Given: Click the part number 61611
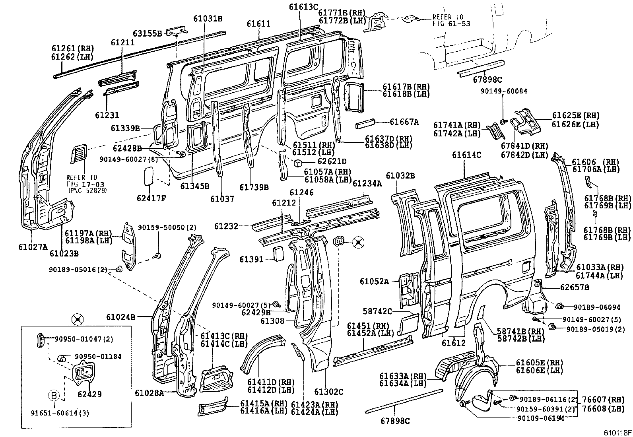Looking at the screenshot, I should click(x=258, y=24).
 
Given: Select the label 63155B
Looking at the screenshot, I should click(x=148, y=33).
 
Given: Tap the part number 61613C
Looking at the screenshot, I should click(x=303, y=7).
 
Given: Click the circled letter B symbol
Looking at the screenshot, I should click(x=54, y=396).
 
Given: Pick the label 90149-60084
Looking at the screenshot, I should click(x=504, y=91).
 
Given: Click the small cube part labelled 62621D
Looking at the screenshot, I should click(x=300, y=163).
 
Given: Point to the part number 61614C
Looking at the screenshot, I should click(x=466, y=155).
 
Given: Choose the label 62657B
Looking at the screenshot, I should click(x=575, y=287).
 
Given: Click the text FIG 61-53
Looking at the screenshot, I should click(x=451, y=23).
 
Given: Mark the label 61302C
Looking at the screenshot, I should click(x=328, y=392).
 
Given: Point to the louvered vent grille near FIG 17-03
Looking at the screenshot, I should click(x=78, y=154).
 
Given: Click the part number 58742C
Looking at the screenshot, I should click(x=377, y=311).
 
